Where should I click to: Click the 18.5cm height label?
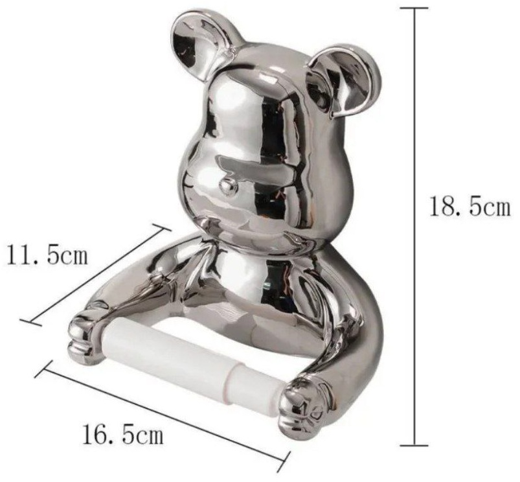470,205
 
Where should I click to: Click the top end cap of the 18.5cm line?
414,8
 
